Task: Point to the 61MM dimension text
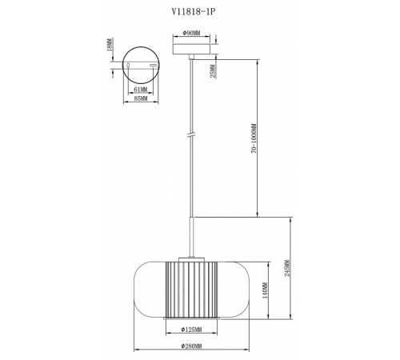point(141,90)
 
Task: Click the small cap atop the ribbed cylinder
point(190,255)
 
